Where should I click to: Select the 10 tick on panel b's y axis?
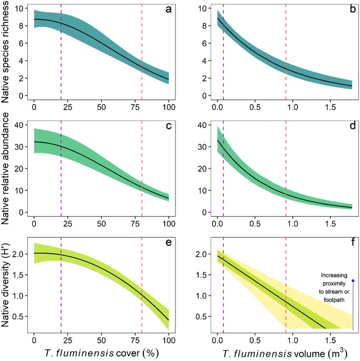click(x=202, y=9)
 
